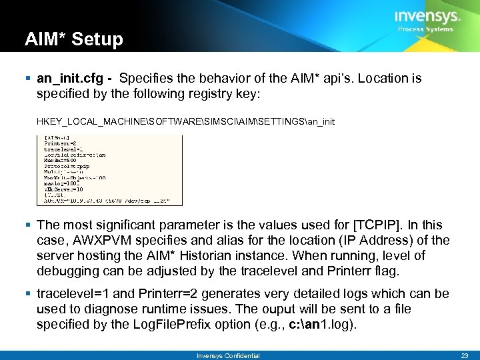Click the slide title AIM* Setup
74,39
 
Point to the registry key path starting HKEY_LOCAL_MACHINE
186,121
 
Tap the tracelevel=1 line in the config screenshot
63,149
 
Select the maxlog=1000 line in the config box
62,183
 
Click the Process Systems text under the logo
425,29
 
